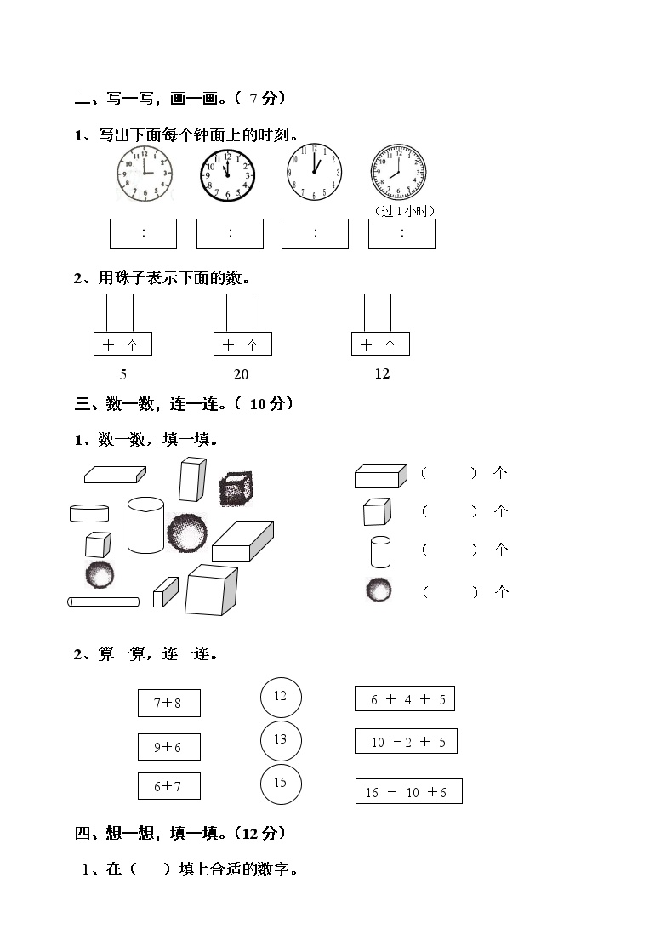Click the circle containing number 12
tap(281, 697)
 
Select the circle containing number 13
tap(281, 739)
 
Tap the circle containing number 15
tap(281, 784)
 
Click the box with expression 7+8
tap(169, 704)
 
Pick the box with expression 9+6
tap(169, 747)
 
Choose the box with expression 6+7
tap(169, 786)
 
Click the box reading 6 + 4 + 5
tap(405, 699)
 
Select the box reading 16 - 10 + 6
tap(408, 791)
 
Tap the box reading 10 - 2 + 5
tap(406, 741)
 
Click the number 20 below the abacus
tap(242, 374)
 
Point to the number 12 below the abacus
tap(382, 373)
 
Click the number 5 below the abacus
tap(123, 373)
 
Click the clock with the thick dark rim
tap(228, 174)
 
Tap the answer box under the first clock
tap(143, 234)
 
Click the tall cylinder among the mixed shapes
tap(145, 525)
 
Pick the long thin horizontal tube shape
tap(103, 601)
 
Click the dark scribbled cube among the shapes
tap(235, 489)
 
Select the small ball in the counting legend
tap(379, 590)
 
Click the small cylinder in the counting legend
tap(380, 551)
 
